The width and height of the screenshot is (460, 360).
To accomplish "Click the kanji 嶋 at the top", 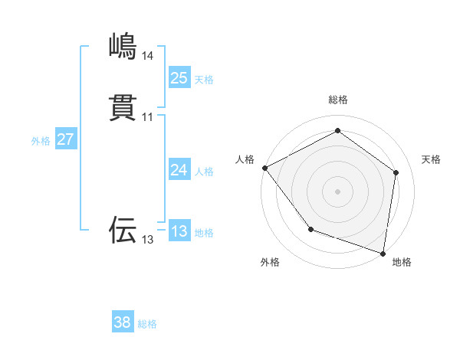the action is [123, 47].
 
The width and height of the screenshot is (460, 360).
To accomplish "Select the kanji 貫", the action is [123, 108].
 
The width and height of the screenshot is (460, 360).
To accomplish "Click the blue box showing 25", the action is [179, 77].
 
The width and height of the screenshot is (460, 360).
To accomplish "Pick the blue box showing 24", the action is [179, 170].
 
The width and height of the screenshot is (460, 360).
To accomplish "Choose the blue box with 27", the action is [65, 139].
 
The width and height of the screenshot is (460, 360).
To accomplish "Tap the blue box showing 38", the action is [123, 322].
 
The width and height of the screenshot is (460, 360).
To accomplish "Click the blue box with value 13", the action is [179, 231].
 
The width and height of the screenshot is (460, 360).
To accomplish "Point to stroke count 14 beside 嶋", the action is [147, 56].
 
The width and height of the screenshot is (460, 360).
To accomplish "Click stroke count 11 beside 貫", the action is [147, 117].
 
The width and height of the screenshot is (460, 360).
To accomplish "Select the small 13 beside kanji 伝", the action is [147, 240].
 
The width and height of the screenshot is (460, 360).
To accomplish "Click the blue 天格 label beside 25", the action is [204, 80].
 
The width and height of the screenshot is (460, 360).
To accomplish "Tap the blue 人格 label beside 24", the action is [204, 172].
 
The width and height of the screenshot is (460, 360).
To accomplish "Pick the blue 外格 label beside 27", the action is [41, 141].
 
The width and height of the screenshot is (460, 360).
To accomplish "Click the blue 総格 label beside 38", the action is [147, 324].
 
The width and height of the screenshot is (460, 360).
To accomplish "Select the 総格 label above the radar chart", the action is [338, 100].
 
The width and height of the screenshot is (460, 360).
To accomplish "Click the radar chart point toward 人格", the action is [264, 167].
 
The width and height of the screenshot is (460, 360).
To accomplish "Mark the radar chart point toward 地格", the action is [383, 253].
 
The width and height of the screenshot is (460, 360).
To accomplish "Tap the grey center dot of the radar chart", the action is [337, 191].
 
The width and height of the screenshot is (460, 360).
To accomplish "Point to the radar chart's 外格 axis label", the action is [270, 262].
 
